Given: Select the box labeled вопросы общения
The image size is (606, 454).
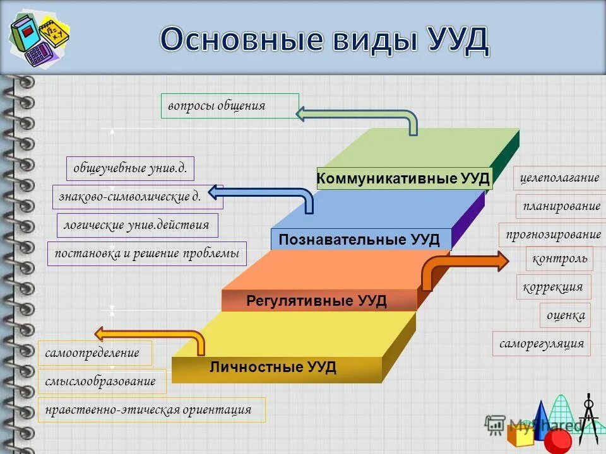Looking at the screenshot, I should click(x=230, y=106).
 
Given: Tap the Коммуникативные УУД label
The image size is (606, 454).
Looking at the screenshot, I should click(x=403, y=179).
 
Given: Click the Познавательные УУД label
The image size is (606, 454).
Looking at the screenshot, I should click(x=360, y=240).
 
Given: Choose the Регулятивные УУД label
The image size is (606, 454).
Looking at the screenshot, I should click(x=316, y=301).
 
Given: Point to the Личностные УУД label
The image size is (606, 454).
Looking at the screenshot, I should click(x=273, y=368).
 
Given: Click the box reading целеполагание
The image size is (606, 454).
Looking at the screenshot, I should click(x=559, y=178).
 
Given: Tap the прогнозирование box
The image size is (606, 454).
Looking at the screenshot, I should click(x=553, y=235).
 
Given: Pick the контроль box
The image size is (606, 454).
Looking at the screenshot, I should click(x=559, y=259).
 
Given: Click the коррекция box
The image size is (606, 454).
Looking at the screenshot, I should click(x=553, y=287).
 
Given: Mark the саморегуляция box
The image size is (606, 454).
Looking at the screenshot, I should click(x=541, y=344).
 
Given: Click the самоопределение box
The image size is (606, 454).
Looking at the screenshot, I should click(x=95, y=353).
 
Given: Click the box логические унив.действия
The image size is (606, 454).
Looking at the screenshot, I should click(x=137, y=225).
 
